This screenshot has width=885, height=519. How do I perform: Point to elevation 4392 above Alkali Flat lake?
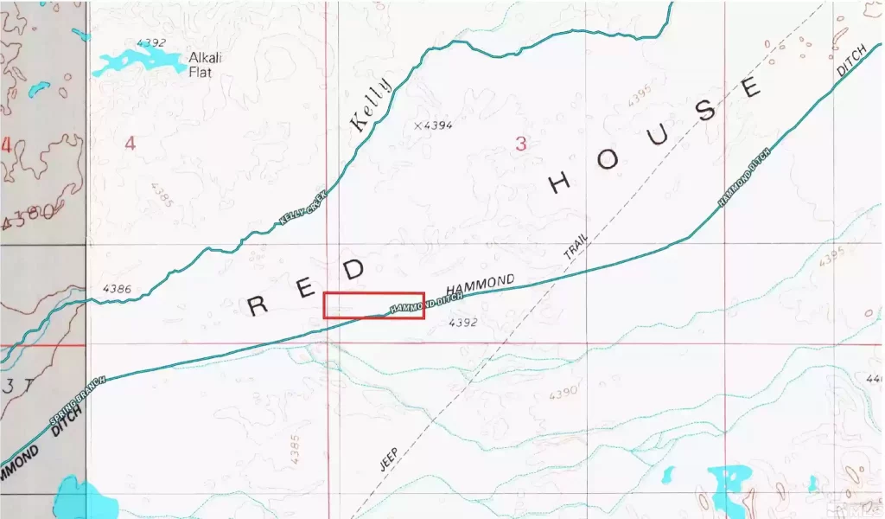(x=150, y=42)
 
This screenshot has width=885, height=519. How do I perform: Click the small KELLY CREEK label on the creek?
(x=303, y=208)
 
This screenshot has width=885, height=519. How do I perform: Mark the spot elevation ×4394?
(x=433, y=125)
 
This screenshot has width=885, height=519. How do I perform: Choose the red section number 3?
(x=520, y=144)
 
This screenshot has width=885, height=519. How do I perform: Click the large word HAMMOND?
(x=480, y=285)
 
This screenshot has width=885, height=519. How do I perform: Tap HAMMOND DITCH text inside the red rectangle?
(x=426, y=302)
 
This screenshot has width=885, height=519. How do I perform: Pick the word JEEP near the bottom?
(x=390, y=458)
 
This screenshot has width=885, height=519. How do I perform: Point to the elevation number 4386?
(x=116, y=289)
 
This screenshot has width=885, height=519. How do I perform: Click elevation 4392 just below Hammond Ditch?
(x=463, y=323)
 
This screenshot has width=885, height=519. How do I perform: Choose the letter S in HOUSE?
(x=707, y=110)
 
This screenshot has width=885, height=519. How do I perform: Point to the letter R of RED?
(x=258, y=305)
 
